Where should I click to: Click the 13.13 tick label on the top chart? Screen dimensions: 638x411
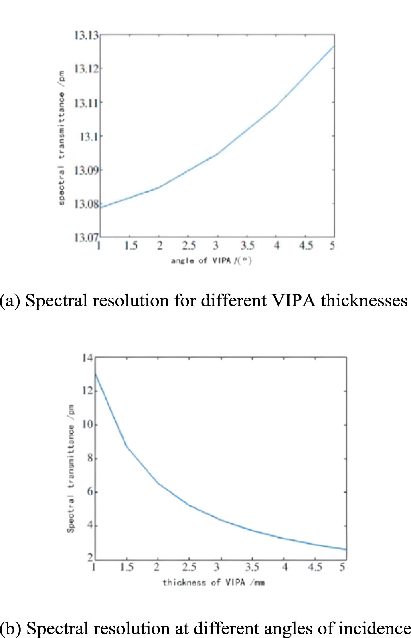click(x=86, y=35)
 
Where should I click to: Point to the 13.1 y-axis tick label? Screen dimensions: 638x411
click(x=88, y=137)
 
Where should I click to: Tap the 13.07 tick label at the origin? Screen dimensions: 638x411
click(x=86, y=237)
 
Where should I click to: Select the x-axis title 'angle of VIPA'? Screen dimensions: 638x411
click(x=211, y=260)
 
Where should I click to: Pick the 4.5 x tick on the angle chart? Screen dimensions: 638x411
click(x=306, y=246)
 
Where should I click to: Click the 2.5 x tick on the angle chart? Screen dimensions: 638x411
click(x=189, y=246)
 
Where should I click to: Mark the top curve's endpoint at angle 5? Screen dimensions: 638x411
click(x=334, y=46)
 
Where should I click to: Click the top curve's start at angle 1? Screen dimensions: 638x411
click(x=100, y=207)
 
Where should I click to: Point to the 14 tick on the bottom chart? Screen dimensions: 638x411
click(x=87, y=357)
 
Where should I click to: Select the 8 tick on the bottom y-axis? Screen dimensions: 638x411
click(x=90, y=458)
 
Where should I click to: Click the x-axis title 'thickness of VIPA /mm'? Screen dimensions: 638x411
click(x=213, y=582)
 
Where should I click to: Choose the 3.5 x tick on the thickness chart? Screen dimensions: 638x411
click(x=252, y=567)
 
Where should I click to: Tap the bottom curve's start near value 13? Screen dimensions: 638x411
click(x=95, y=374)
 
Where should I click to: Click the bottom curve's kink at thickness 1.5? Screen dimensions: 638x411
click(x=127, y=446)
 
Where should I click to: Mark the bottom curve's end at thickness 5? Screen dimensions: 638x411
click(x=346, y=549)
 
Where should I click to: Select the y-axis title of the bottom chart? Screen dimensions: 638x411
click(x=71, y=469)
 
